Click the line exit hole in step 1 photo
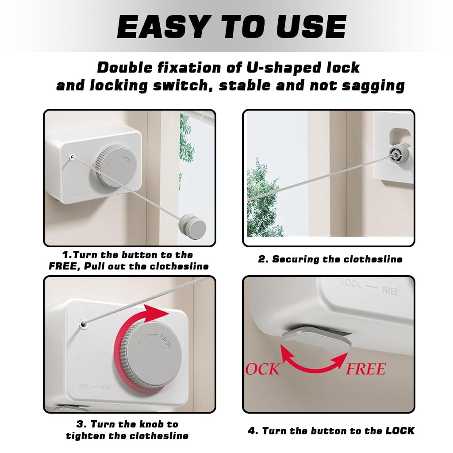click(72, 157)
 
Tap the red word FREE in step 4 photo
click(366, 369)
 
